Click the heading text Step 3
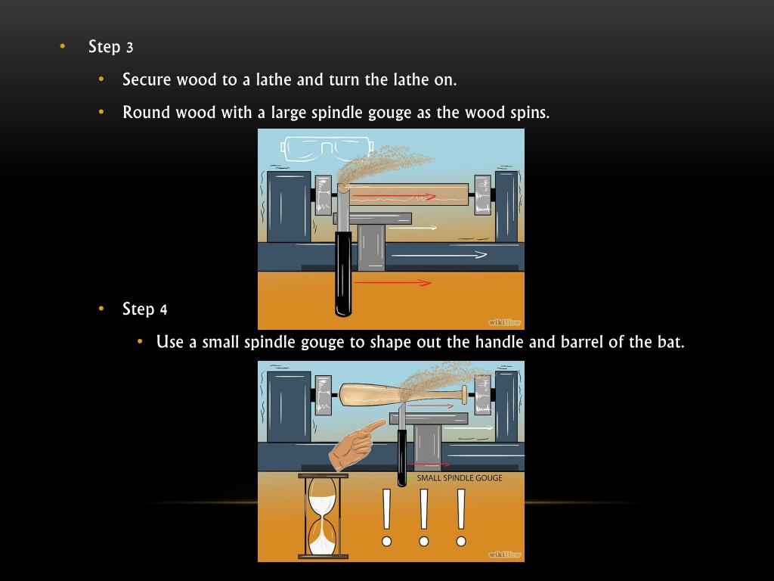(110, 46)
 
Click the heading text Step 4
(144, 309)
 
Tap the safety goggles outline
(326, 148)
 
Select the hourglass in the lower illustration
(323, 516)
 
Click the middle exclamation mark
(423, 517)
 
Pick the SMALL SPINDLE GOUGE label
(459, 478)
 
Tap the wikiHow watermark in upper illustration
(504, 322)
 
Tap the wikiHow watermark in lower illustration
(504, 555)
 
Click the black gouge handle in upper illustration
(344, 272)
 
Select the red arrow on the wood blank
(395, 197)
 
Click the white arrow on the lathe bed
(439, 255)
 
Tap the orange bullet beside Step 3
(62, 46)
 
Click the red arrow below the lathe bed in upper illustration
(392, 283)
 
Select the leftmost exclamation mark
(386, 517)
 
